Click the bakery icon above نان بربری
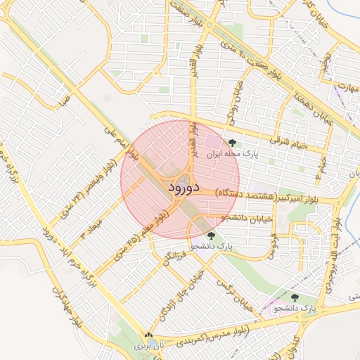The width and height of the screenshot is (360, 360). (148, 336)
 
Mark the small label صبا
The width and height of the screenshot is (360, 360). (65, 101)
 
